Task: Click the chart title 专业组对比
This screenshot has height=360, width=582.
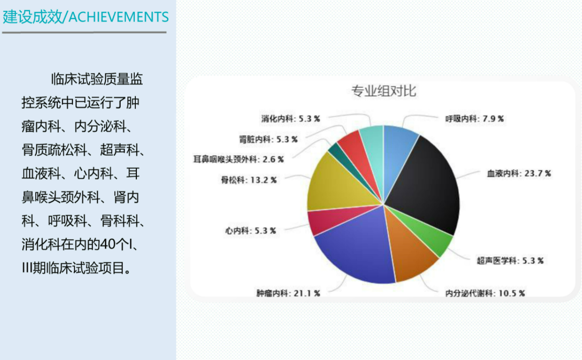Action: coord(384,91)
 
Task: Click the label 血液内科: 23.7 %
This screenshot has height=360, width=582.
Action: coord(519,173)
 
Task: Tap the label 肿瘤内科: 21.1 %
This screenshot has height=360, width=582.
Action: coord(288,293)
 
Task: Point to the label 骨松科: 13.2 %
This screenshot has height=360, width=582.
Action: coord(249,180)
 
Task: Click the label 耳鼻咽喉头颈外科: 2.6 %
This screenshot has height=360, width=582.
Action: coord(238,159)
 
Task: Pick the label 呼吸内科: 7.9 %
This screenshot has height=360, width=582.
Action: coord(474,119)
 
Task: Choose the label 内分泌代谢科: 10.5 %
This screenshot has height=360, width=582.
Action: coord(485,293)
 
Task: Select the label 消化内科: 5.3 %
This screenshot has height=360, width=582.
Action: coord(290,119)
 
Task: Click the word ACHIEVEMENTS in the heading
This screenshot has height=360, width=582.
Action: coord(119,17)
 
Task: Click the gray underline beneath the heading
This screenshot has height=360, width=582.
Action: coord(84,32)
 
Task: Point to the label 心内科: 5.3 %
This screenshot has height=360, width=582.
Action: coord(251,231)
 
